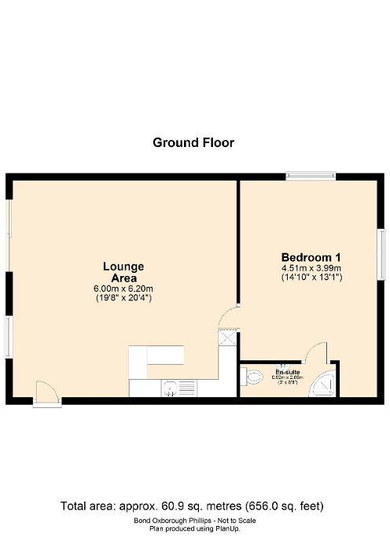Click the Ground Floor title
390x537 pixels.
[193, 142]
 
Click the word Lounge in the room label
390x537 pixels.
[123, 267]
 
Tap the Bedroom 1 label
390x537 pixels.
[311, 257]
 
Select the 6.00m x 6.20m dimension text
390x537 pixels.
[122, 289]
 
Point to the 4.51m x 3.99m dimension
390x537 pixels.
[311, 268]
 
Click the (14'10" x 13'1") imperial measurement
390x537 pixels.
[311, 278]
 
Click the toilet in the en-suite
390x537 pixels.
[252, 378]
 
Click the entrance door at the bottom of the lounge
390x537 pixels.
[46, 393]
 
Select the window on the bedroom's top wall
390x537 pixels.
[311, 176]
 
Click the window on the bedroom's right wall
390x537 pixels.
[381, 252]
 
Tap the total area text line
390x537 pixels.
[193, 505]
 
